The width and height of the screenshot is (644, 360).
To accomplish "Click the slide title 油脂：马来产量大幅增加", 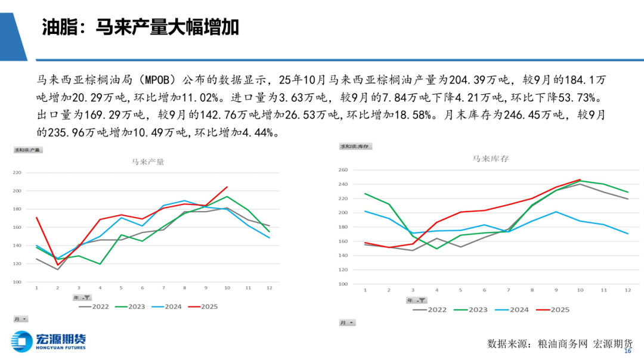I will [140, 27].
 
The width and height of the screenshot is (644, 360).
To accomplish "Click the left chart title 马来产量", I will [148, 161].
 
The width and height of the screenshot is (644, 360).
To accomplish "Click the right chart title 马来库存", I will [491, 159].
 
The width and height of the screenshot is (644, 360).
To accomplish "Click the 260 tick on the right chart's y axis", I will [342, 170].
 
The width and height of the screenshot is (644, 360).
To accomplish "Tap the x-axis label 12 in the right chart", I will [627, 290].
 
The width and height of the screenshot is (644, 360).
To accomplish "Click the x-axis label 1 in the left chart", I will [36, 288].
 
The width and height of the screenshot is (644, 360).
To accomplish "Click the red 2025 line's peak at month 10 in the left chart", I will [227, 187].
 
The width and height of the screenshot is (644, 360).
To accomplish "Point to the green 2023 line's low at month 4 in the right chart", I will [436, 249].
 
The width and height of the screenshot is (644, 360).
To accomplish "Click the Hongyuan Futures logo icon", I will [21, 341].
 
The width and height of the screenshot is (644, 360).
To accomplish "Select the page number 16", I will [627, 352].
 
